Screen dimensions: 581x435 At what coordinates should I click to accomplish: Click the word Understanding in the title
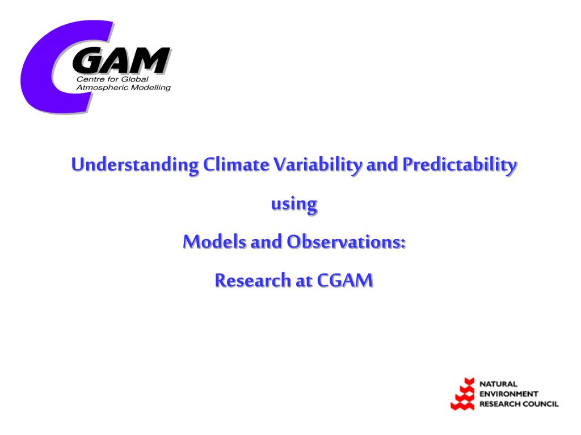pyautogui.click(x=135, y=165)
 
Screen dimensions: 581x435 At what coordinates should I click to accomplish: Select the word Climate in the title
pyautogui.click(x=236, y=164)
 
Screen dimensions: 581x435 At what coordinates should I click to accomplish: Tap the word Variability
pyautogui.click(x=318, y=165)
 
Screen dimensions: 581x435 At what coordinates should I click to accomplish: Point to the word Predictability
pyautogui.click(x=460, y=165)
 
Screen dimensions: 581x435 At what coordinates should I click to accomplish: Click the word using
pyautogui.click(x=294, y=204)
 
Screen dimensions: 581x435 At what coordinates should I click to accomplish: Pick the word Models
pyautogui.click(x=214, y=241)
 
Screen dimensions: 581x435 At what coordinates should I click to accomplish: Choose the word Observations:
pyautogui.click(x=347, y=241)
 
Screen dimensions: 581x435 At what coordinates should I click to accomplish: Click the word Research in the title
pyautogui.click(x=252, y=280)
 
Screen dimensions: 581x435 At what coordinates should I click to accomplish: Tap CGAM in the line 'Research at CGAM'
pyautogui.click(x=345, y=280)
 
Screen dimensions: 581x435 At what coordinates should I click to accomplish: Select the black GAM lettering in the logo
pyautogui.click(x=121, y=60)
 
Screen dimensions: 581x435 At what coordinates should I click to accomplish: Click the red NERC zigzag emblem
pyautogui.click(x=463, y=394)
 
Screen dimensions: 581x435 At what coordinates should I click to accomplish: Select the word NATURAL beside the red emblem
pyautogui.click(x=498, y=384)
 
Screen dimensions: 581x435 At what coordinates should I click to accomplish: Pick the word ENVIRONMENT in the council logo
pyautogui.click(x=509, y=394)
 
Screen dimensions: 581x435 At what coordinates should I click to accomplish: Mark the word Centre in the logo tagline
pyautogui.click(x=87, y=79)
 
